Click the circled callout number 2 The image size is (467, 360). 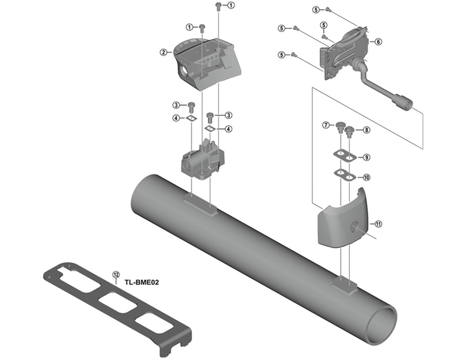tap(163, 53)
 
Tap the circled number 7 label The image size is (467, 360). tap(326, 125)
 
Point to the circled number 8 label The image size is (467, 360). tap(366, 130)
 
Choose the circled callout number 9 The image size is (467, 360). tap(366, 157)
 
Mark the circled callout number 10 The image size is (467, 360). tap(366, 177)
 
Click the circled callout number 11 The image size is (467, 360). tap(378, 224)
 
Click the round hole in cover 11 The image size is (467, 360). tap(354, 226)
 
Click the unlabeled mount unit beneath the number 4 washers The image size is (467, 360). tap(201, 160)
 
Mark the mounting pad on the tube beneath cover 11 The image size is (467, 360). tap(344, 284)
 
